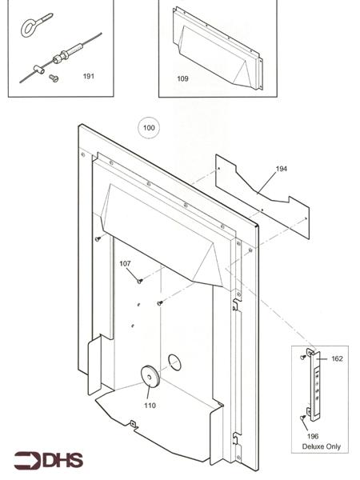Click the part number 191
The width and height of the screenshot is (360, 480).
[88, 76]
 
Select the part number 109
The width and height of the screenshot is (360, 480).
[182, 79]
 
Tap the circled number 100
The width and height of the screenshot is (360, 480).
[148, 127]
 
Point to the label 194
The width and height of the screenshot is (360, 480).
[281, 169]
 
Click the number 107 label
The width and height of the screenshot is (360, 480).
[126, 263]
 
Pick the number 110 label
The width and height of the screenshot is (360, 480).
[149, 405]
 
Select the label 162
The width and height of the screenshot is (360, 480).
[336, 359]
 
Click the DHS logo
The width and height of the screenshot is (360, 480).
[47, 461]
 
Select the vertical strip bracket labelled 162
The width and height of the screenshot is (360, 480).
[318, 388]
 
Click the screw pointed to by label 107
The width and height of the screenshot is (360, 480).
[139, 280]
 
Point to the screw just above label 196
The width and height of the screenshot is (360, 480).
[303, 417]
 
